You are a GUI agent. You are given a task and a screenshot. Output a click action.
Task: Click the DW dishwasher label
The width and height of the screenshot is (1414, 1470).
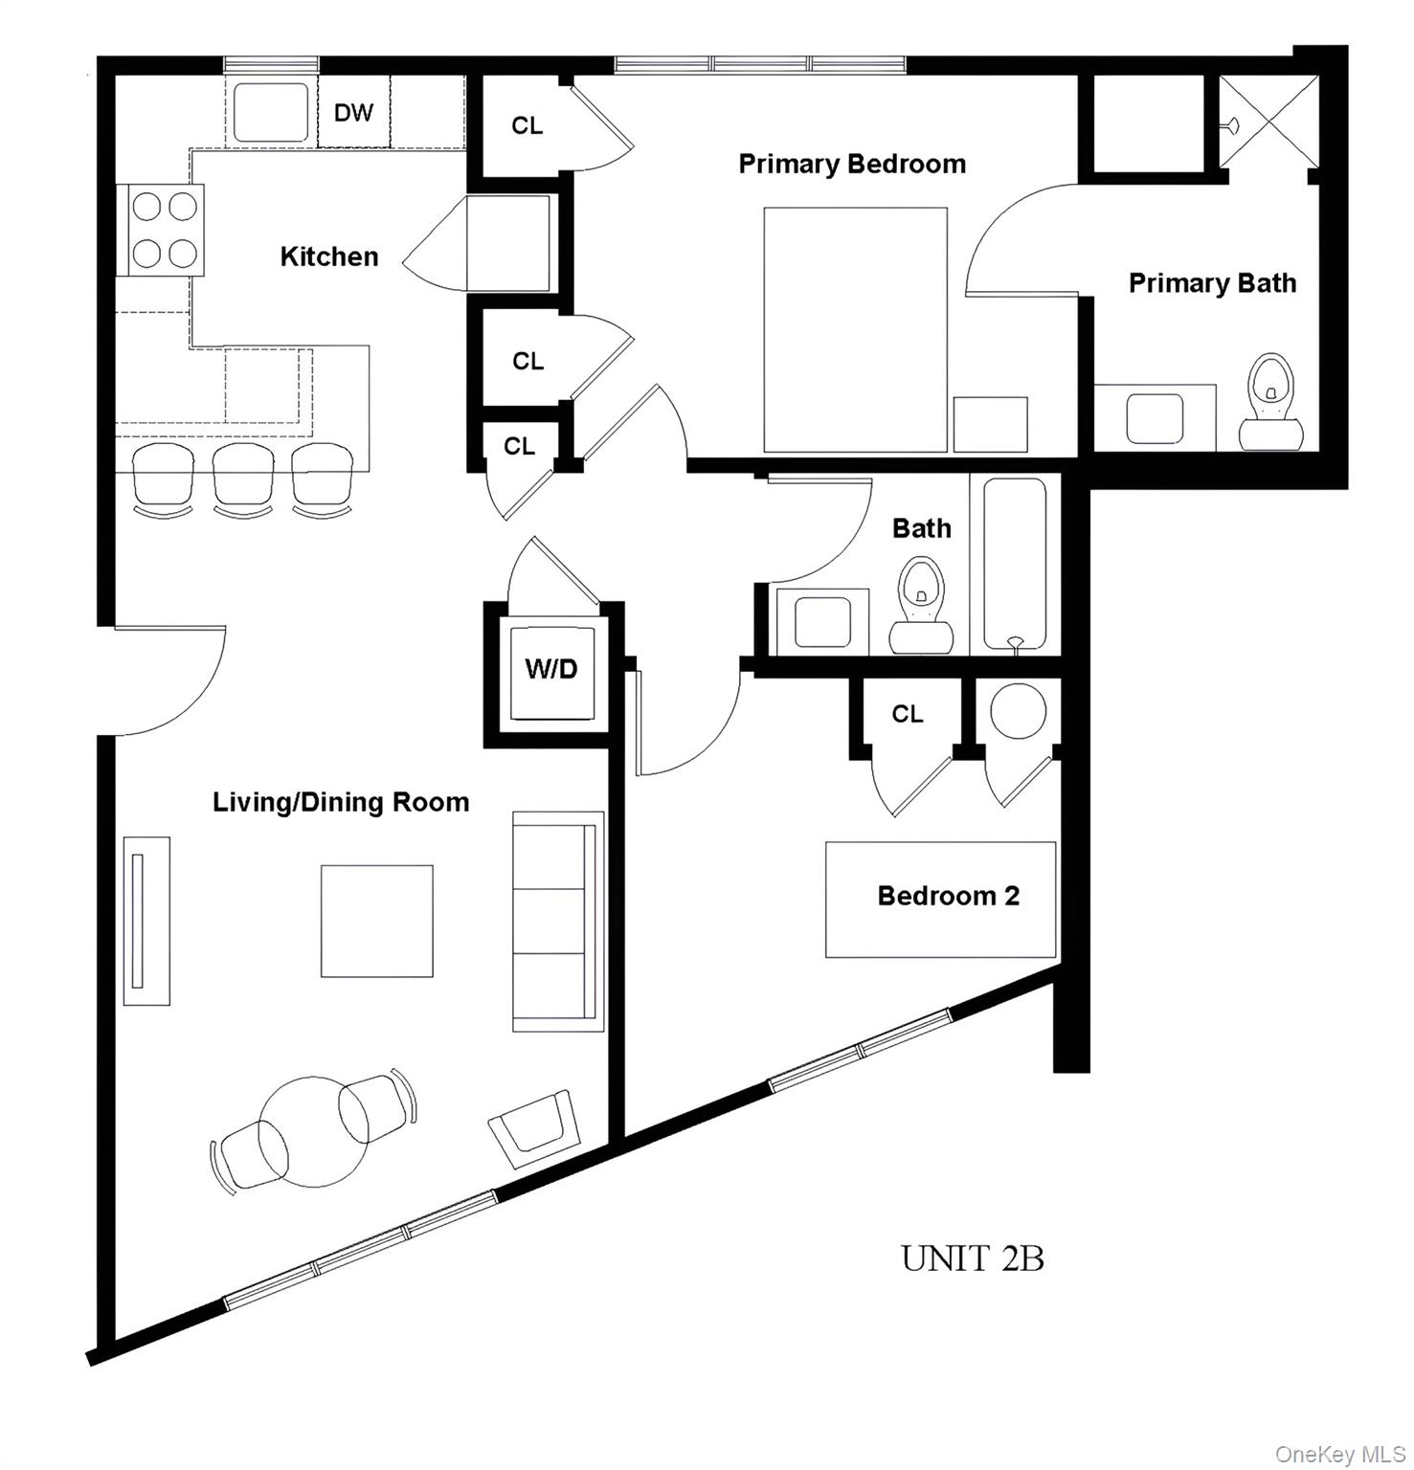(x=353, y=113)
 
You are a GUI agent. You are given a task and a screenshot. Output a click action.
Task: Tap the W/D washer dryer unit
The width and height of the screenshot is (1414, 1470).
(x=551, y=669)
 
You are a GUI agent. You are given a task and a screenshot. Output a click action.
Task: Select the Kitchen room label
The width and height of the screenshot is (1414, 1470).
(x=328, y=256)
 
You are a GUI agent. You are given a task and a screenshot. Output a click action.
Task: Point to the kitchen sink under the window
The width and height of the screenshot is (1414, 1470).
(x=272, y=113)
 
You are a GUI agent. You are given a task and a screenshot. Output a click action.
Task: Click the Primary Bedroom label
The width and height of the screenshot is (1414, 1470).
(x=852, y=164)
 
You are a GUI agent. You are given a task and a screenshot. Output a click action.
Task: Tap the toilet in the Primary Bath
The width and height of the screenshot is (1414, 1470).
(x=1272, y=402)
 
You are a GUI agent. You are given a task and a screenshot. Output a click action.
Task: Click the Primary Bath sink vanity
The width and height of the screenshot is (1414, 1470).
(x=1156, y=418)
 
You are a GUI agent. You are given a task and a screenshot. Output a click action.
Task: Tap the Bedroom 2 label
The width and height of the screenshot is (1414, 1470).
(x=948, y=896)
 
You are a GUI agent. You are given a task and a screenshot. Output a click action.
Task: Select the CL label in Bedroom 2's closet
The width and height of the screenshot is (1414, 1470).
(x=907, y=714)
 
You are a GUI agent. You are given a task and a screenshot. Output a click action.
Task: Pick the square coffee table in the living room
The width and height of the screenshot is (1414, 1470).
(x=376, y=921)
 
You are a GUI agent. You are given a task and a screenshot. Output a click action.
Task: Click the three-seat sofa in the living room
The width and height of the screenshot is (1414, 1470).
(x=558, y=921)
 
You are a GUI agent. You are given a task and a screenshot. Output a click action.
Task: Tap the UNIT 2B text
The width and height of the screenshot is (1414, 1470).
(x=972, y=1258)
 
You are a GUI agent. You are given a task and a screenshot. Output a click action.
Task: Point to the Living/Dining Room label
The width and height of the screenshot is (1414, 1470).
(x=341, y=802)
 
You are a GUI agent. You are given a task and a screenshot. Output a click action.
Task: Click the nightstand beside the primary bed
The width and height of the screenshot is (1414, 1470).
(x=990, y=424)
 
